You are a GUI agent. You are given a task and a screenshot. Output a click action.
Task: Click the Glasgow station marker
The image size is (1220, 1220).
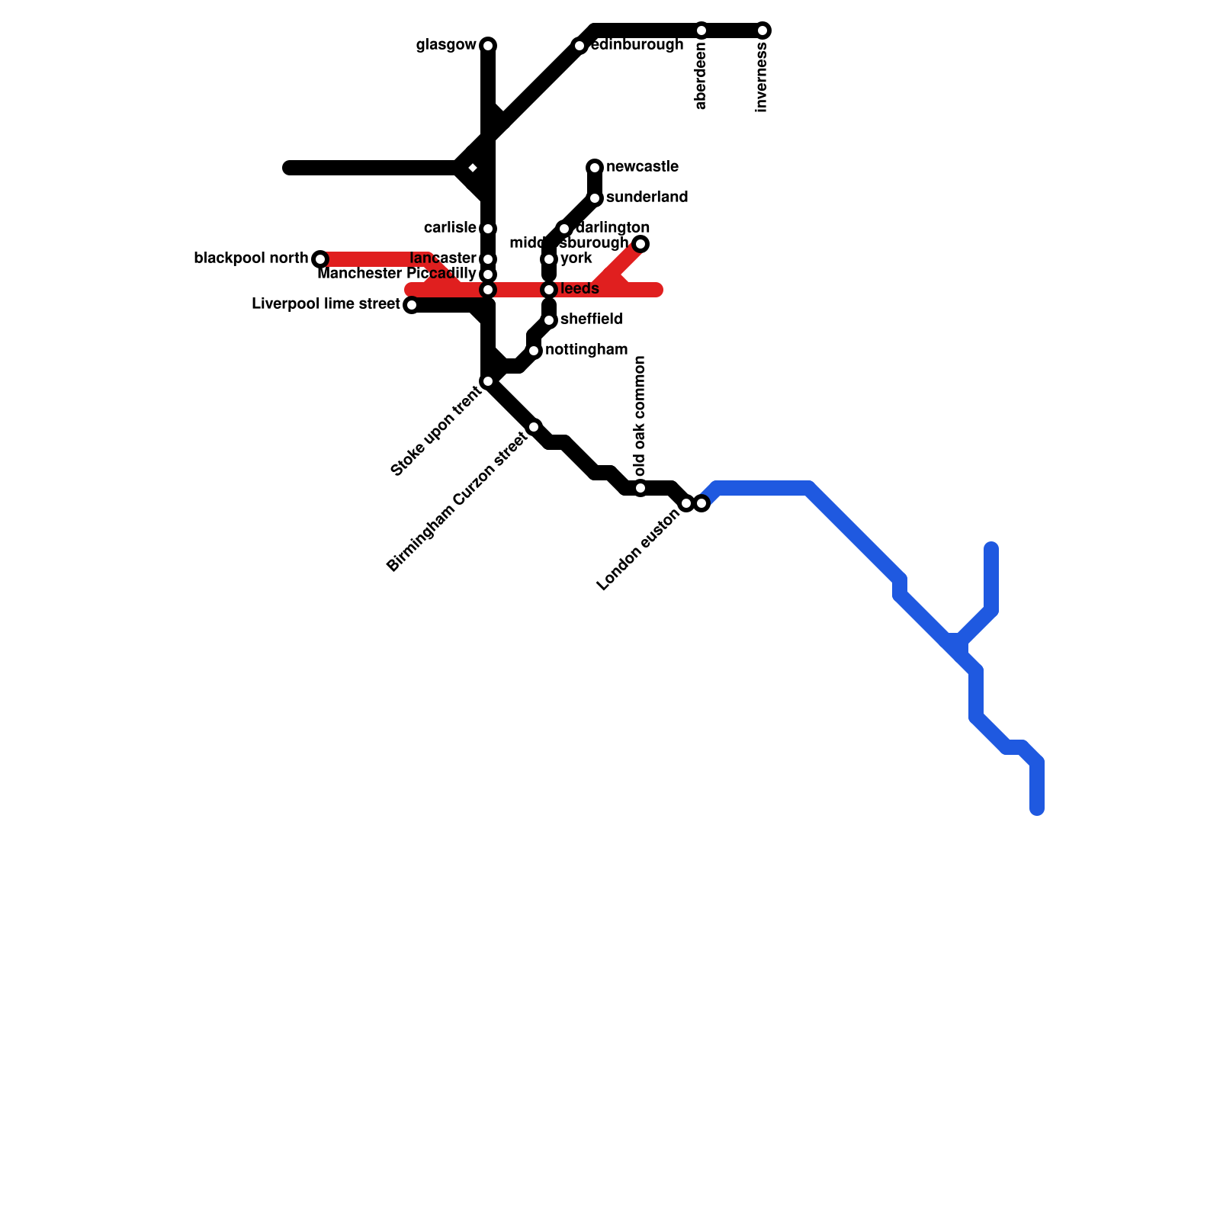(x=488, y=46)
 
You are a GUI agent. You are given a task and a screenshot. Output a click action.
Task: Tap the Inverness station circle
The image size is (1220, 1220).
(x=763, y=30)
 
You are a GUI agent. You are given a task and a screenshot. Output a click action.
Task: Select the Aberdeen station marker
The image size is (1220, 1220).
(x=701, y=30)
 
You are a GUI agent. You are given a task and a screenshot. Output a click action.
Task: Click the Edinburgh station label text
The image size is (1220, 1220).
(x=637, y=45)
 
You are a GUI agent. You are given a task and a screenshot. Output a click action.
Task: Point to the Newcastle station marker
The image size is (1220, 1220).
(x=595, y=168)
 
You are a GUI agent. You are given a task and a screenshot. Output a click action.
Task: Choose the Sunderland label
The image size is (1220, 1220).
(x=647, y=197)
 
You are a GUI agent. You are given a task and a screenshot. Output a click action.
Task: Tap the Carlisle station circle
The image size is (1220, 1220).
(x=488, y=229)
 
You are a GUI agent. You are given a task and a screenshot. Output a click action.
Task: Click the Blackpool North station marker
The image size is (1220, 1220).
(x=320, y=259)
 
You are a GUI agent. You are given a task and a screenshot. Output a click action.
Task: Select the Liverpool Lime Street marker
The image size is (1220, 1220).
(x=411, y=305)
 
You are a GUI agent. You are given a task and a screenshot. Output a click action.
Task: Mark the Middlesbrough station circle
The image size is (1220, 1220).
(x=641, y=244)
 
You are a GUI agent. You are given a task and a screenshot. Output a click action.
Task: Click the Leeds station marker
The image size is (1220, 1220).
(x=549, y=290)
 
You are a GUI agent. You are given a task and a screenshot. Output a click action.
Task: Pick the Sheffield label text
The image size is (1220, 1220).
(x=591, y=319)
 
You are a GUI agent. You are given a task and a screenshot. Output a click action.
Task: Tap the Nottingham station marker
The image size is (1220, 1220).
(x=534, y=351)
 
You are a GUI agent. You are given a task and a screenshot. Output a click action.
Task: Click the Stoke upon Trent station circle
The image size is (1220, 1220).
(x=488, y=381)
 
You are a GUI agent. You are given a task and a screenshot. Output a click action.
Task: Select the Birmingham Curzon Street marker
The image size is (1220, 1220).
(x=534, y=427)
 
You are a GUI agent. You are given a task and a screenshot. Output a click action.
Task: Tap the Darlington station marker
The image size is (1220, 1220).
(x=564, y=229)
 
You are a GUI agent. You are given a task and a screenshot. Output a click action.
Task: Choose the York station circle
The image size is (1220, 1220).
(x=549, y=259)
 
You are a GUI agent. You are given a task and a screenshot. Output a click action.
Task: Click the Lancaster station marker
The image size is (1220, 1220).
(x=488, y=259)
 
